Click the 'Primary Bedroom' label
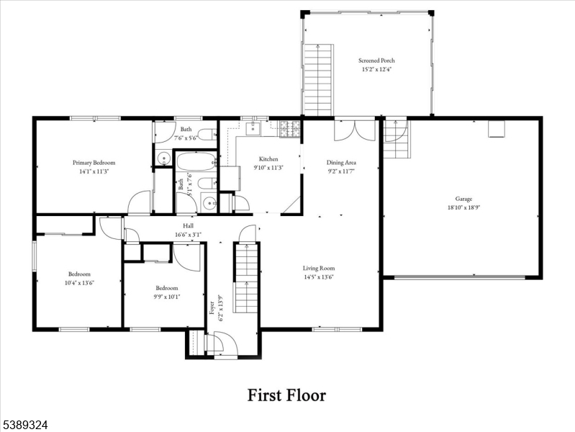[x=94, y=163]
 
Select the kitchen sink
[x=253, y=130]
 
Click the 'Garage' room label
[x=463, y=198]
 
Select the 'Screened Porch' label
[x=376, y=60]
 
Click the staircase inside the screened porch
[x=318, y=79]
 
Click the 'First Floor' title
[x=286, y=395]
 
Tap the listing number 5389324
[x=24, y=426]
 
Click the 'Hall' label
[x=188, y=225]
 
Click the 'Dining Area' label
[x=342, y=163]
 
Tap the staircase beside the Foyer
[x=246, y=278]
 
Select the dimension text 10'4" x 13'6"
[x=79, y=282]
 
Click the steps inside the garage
[x=395, y=139]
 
